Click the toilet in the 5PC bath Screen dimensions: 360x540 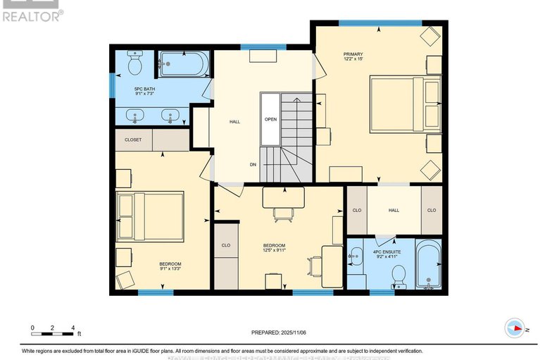(x=134, y=64)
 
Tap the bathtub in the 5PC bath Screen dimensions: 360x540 (x=182, y=65)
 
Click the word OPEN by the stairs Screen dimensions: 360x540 (x=270, y=119)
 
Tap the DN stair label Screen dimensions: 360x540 (x=253, y=165)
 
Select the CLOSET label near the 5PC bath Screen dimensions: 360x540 (x=133, y=139)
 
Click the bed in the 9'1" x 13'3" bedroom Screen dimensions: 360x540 (x=150, y=216)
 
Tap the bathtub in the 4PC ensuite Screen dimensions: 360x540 (x=427, y=266)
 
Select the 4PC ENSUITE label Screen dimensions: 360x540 (x=387, y=250)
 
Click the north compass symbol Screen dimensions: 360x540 (x=517, y=328)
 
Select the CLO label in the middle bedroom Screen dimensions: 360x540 (x=226, y=246)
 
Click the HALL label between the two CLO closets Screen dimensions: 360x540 (x=394, y=210)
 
